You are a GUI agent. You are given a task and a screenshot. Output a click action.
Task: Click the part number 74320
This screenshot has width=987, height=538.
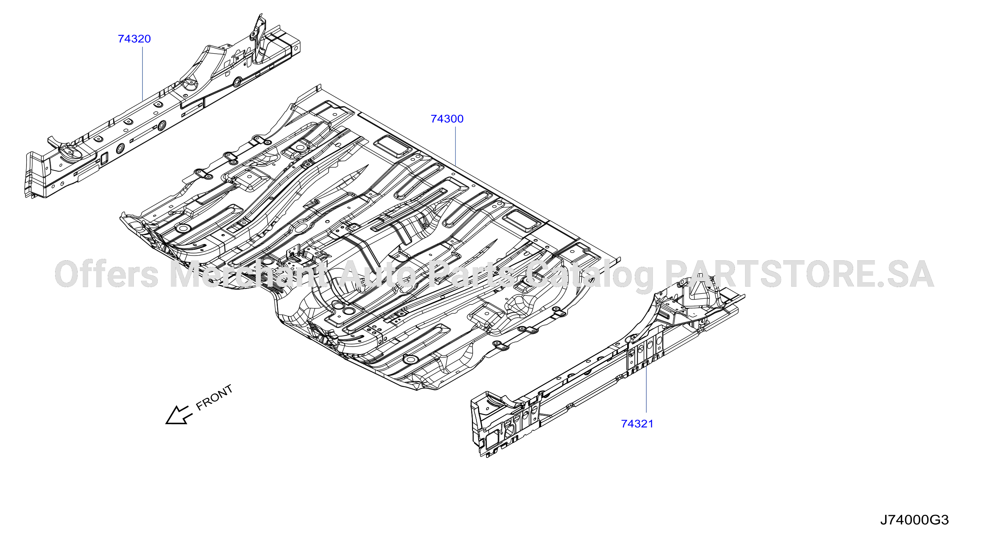134,39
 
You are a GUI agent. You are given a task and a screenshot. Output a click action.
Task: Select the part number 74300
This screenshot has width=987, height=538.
447,119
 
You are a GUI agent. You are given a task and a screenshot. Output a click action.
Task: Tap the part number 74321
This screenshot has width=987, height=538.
637,424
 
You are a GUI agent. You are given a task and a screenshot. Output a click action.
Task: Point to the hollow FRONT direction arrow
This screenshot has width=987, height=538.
178,415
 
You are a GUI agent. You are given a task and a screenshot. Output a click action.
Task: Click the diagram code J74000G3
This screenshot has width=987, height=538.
914,520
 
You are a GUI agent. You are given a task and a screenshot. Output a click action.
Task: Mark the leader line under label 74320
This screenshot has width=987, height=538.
143,74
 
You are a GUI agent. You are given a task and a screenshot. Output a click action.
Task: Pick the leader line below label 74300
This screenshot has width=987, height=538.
455,146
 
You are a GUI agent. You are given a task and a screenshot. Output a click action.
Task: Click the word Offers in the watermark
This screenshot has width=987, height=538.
107,274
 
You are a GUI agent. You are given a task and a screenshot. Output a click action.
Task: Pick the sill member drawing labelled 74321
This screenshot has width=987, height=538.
608,368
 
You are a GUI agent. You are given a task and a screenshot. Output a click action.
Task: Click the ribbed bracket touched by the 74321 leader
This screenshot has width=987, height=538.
645,352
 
